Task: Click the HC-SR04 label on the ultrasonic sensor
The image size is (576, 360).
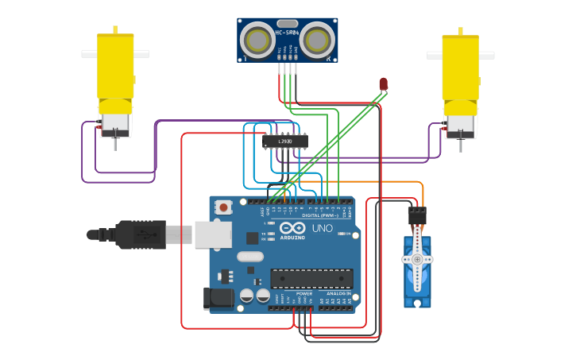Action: [x=287, y=33]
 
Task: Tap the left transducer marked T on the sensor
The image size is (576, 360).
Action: [x=255, y=38]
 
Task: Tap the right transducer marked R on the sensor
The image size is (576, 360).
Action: [x=319, y=38]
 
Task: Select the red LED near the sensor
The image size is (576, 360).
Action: [x=383, y=83]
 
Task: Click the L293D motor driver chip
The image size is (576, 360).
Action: [x=285, y=141]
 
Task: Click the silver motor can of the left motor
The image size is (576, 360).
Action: [x=115, y=122]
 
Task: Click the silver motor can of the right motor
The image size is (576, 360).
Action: [x=461, y=124]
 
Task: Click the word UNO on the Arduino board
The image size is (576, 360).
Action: [x=323, y=228]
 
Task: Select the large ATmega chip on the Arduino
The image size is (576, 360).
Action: [x=311, y=278]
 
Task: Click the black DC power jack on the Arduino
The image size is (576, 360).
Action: [x=218, y=298]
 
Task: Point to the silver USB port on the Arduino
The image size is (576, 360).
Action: [x=213, y=234]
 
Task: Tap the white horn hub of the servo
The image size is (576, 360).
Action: [x=417, y=259]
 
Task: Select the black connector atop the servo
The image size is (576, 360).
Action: [x=417, y=215]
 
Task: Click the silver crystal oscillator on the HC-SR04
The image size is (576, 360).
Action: [x=287, y=23]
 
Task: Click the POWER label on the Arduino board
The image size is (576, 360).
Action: [x=303, y=293]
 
